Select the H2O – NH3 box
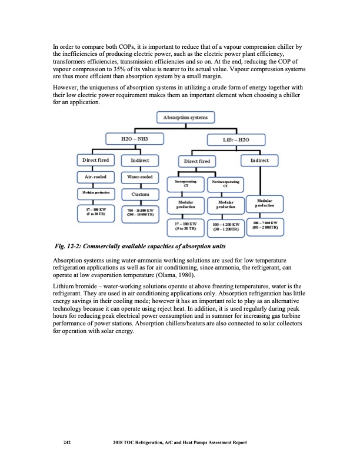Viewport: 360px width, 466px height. pos(134,139)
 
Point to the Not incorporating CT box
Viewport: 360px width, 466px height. pos(225,185)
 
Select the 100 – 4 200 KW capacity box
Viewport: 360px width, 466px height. pos(225,227)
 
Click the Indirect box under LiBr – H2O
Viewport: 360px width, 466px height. pos(259,159)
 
